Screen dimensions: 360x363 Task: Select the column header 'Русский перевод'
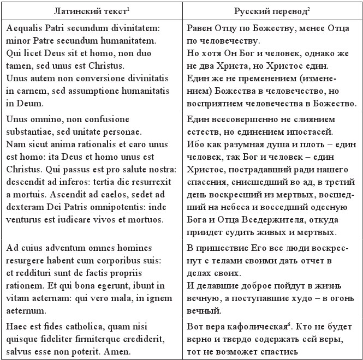tap(270, 10)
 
